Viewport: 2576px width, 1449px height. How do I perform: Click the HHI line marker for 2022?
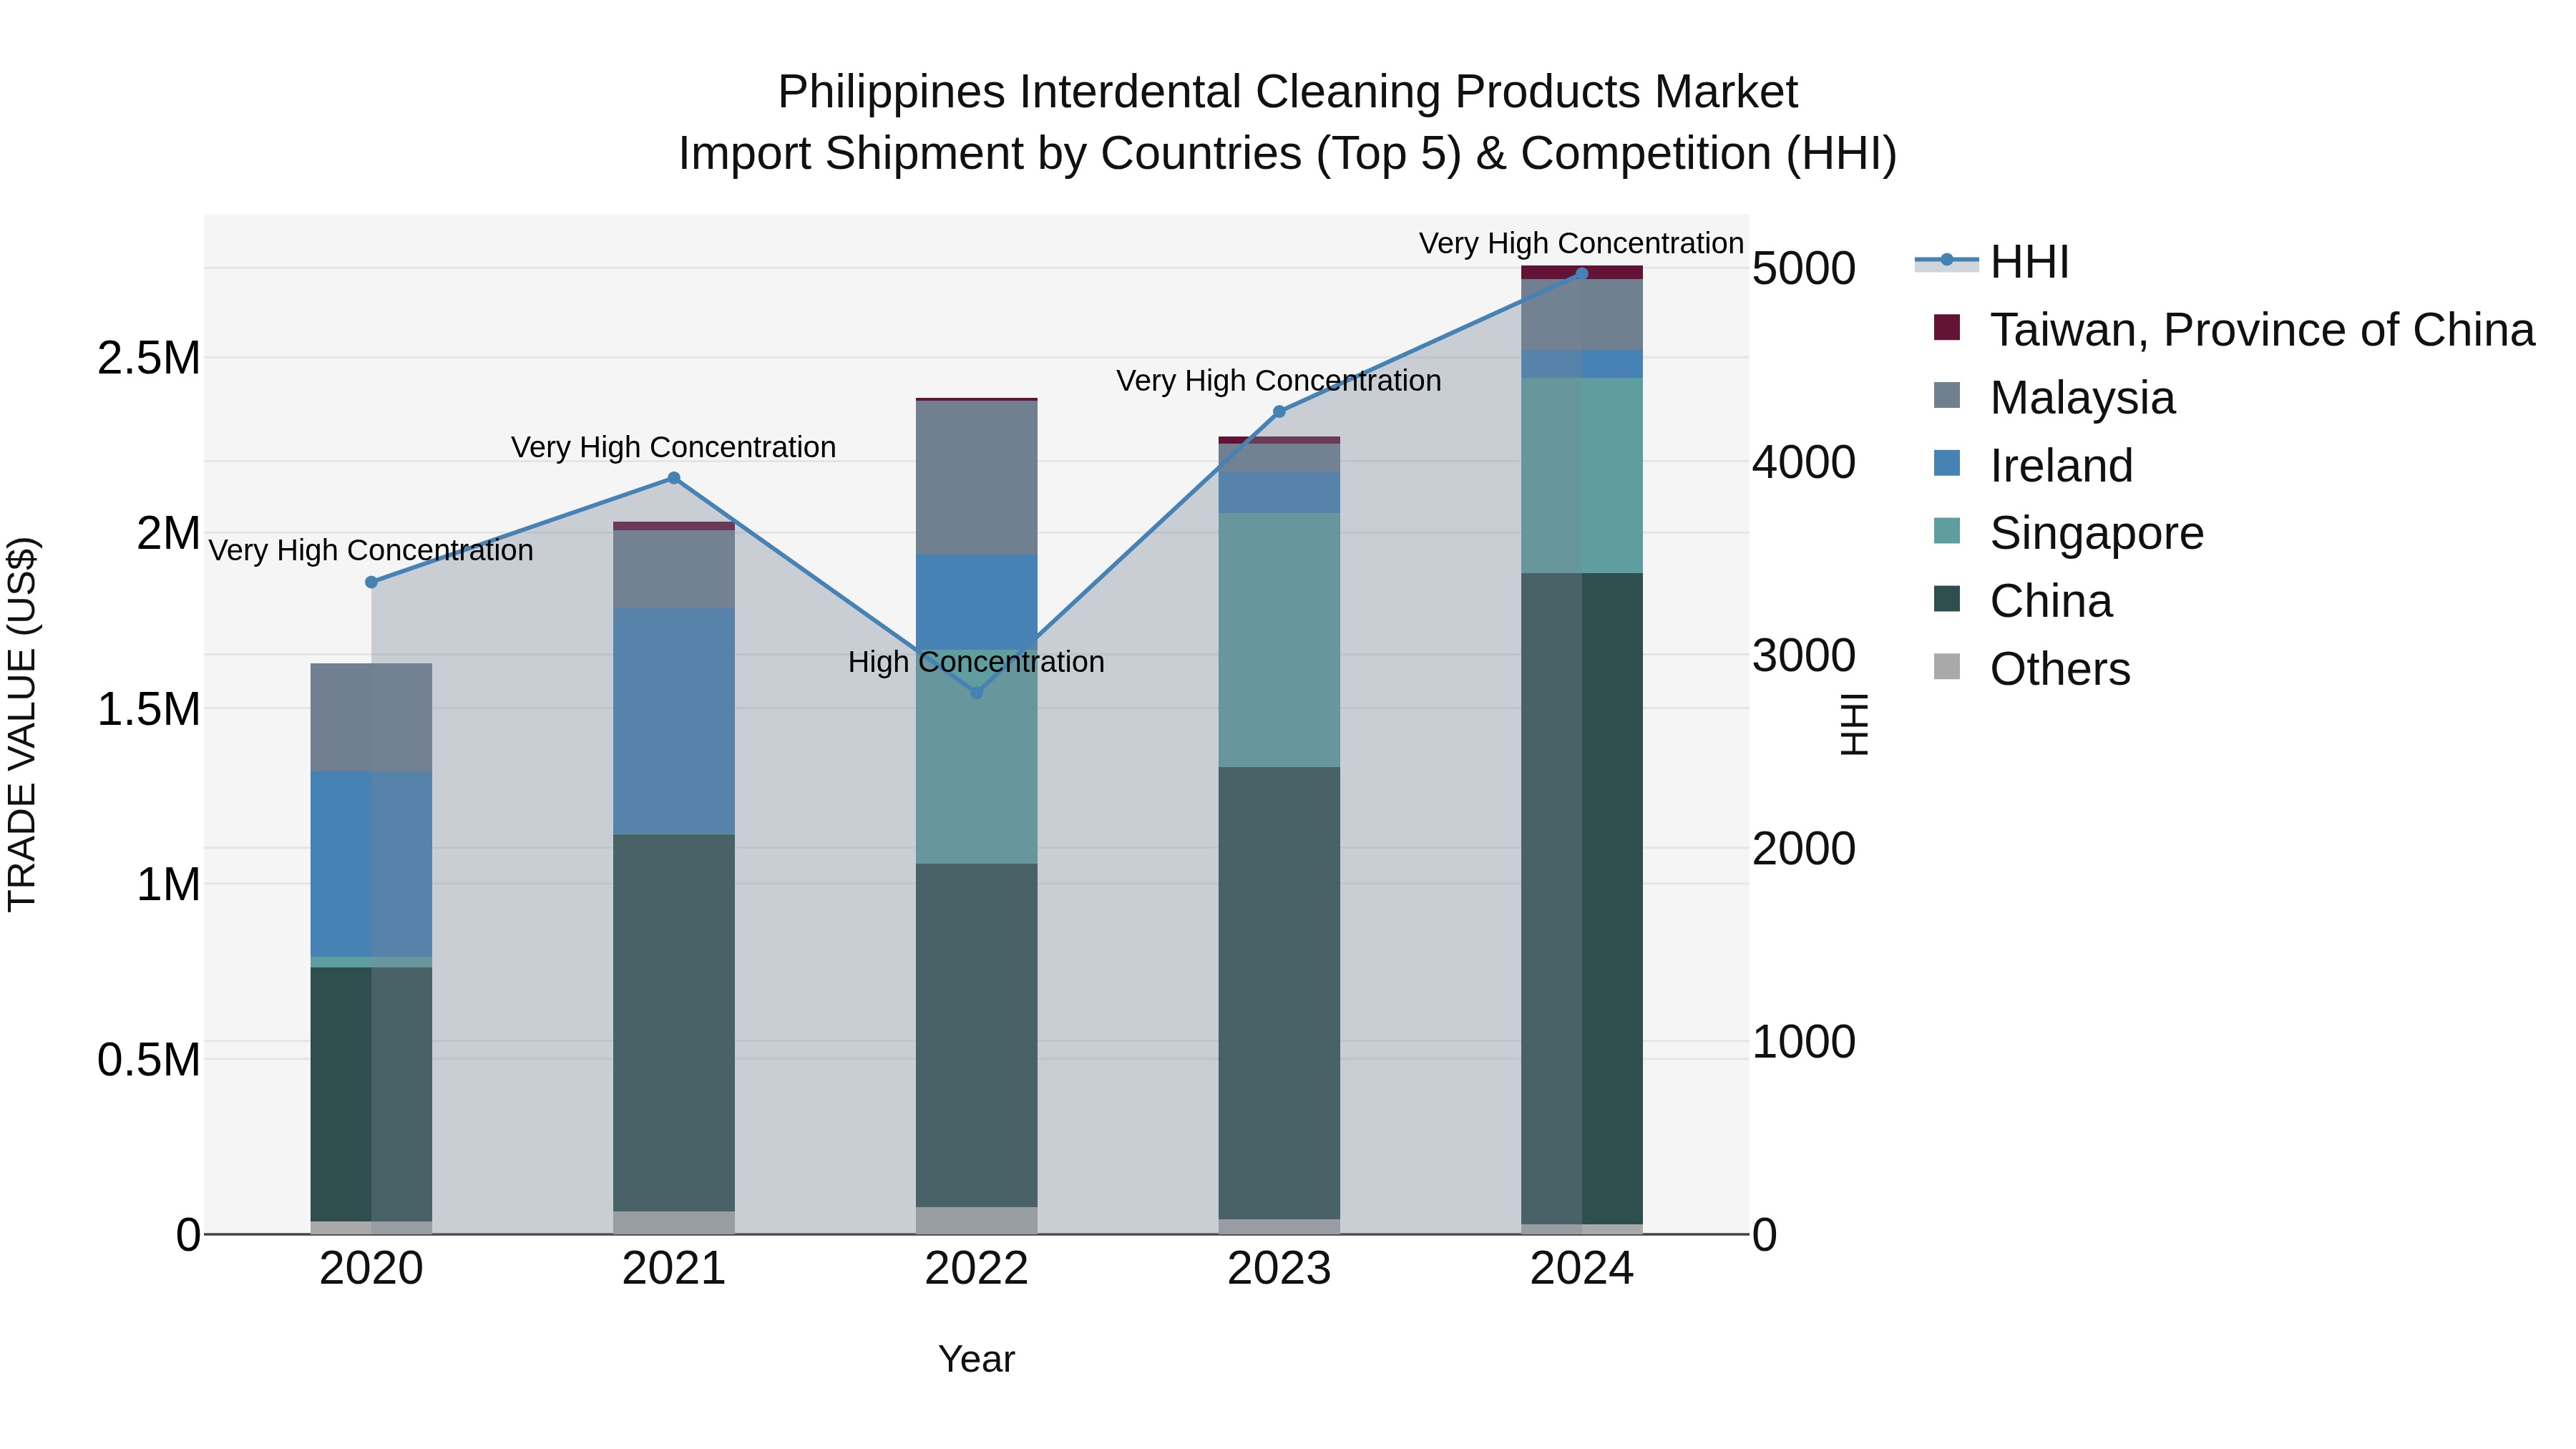click(976, 692)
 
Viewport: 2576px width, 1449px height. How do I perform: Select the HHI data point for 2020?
click(371, 582)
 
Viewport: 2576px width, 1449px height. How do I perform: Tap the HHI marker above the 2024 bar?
click(1581, 274)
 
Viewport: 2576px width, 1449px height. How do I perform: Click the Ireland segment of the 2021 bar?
click(673, 720)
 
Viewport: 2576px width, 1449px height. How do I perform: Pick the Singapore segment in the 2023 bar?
click(1278, 640)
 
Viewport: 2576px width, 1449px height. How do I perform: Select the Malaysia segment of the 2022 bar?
click(976, 478)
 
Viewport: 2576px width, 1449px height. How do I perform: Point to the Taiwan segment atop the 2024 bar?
click(1581, 272)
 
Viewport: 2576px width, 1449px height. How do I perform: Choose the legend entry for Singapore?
click(2096, 533)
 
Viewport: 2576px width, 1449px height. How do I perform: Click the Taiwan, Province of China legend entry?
click(2260, 330)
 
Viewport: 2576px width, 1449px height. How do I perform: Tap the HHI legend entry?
click(2028, 262)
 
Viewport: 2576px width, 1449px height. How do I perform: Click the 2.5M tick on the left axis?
click(148, 358)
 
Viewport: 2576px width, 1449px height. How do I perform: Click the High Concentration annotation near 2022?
click(976, 662)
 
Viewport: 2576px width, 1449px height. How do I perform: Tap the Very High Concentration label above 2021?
click(673, 447)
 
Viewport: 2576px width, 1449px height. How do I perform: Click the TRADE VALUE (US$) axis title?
click(22, 724)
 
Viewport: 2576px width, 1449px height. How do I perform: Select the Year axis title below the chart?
click(976, 1359)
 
